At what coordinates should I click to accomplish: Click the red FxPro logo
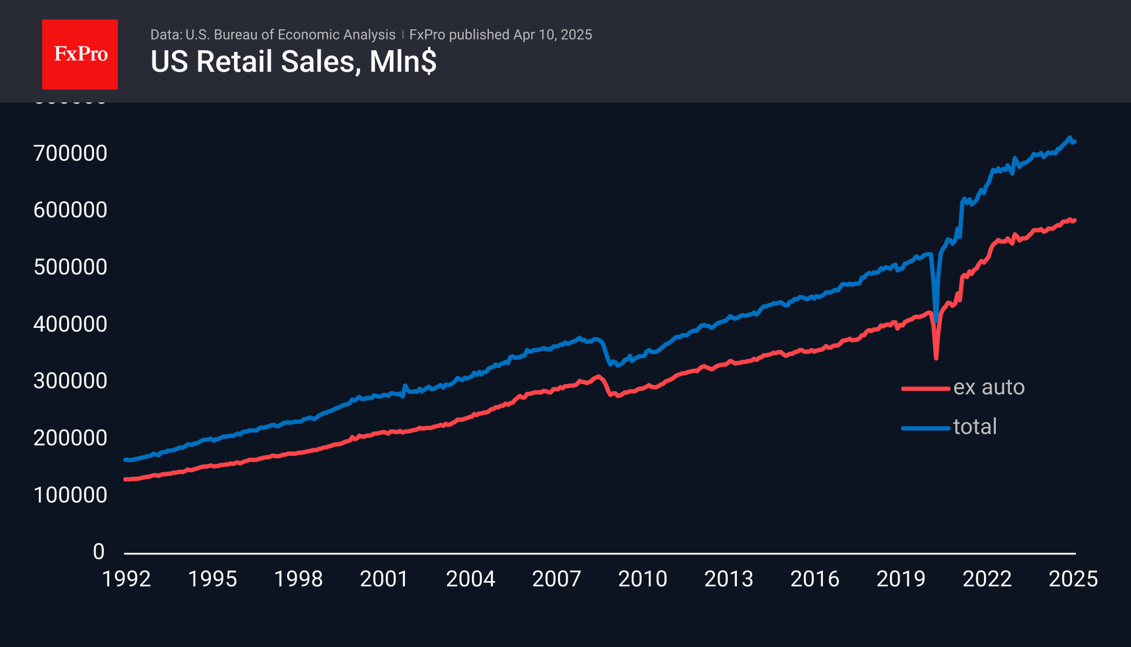point(80,54)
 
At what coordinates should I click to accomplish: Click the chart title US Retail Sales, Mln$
point(293,62)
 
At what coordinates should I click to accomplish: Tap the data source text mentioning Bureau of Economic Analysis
point(272,35)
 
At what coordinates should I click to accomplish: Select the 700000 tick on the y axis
point(70,154)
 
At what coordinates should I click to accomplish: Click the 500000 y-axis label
point(70,267)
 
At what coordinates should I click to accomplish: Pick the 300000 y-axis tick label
point(70,381)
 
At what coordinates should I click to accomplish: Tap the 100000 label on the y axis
point(70,495)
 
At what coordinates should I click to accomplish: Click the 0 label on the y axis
point(98,552)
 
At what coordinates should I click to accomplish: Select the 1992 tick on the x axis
point(127,579)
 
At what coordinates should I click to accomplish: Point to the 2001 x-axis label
point(384,579)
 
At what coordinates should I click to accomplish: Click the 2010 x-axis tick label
point(643,579)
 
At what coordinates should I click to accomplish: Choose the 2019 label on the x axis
point(901,579)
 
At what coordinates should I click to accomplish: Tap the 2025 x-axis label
point(1073,579)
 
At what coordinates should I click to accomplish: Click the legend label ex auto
point(989,387)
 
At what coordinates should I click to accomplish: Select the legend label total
point(975,427)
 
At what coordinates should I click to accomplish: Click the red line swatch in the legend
point(926,388)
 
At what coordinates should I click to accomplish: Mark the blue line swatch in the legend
point(926,428)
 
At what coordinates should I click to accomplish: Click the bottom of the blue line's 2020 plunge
point(936,320)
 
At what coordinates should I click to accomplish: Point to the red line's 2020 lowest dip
point(936,358)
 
